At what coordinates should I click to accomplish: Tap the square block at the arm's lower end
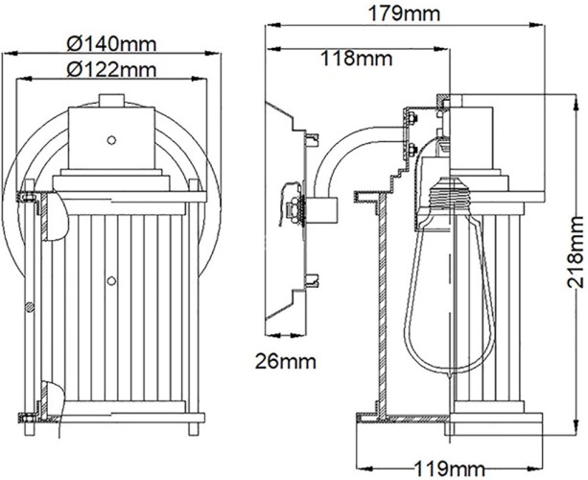322,206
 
